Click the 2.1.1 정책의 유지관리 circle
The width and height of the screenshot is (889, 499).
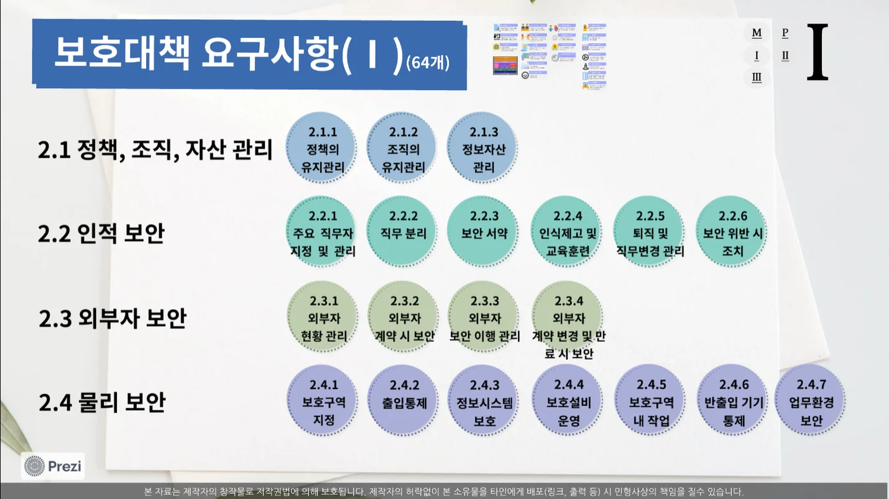tap(321, 149)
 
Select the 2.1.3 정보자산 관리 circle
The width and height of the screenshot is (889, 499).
tap(483, 149)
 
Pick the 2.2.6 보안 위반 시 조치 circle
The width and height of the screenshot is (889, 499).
tap(732, 233)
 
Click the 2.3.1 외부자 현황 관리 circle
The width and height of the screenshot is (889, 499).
tap(323, 318)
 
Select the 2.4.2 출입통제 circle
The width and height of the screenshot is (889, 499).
tap(404, 401)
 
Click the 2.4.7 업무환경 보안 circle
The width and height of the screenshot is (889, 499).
tap(811, 401)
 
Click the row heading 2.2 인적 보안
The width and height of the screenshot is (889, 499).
tap(101, 234)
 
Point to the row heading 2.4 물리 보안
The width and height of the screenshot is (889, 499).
tap(102, 402)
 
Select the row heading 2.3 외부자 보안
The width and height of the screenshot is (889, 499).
tap(112, 319)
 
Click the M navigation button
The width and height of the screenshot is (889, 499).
tap(757, 33)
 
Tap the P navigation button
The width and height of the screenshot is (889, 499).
tap(785, 33)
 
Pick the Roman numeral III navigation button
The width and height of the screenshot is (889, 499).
tap(757, 78)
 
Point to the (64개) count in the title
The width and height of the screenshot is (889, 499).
tap(427, 63)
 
